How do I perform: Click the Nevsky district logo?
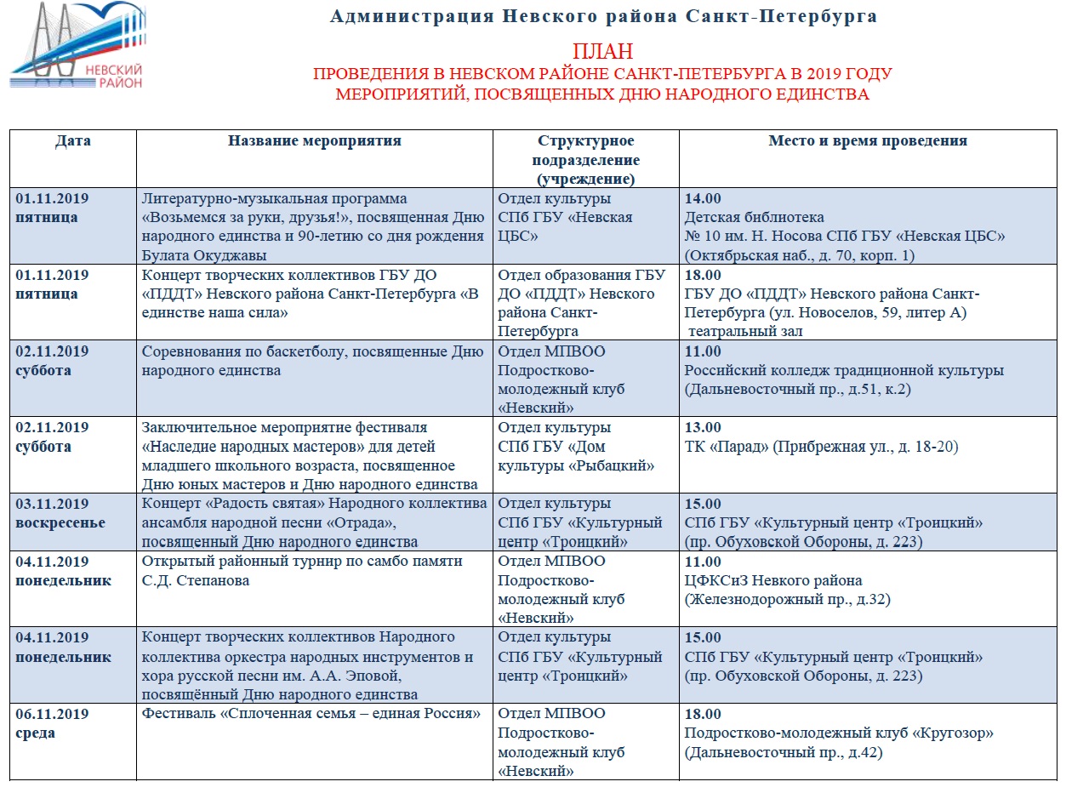tap(77, 47)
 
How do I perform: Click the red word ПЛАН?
tap(602, 52)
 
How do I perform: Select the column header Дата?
tap(73, 141)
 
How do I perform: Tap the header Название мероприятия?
tap(314, 141)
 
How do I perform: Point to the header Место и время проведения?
tap(868, 141)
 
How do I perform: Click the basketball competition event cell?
tap(312, 361)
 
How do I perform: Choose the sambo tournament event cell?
tap(302, 571)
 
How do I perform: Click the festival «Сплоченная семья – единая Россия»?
tap(312, 714)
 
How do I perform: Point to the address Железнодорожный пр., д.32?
tap(788, 600)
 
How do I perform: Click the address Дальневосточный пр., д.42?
tap(783, 752)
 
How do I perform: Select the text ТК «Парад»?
tap(727, 447)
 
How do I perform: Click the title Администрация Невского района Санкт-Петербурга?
tap(603, 16)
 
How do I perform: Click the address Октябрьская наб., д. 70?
tap(774, 255)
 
